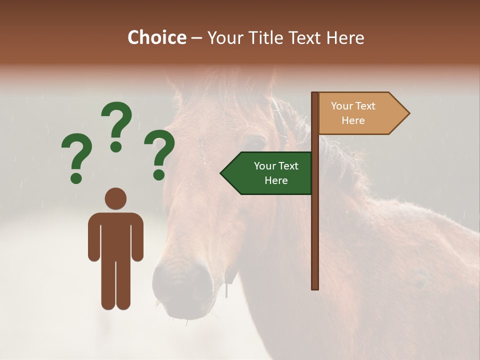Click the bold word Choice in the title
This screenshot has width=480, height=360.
click(x=156, y=37)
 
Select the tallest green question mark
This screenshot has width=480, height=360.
click(x=116, y=126)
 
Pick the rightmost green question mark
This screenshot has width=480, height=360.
click(x=159, y=154)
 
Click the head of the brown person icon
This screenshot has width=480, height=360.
click(x=115, y=198)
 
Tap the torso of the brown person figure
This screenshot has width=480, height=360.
click(x=115, y=235)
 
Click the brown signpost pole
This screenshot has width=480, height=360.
click(x=315, y=225)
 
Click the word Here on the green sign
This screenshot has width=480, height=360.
click(x=276, y=180)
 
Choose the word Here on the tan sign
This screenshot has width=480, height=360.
click(x=353, y=120)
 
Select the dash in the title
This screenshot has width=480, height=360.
click(x=196, y=38)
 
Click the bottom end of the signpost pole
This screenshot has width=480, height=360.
click(x=315, y=287)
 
